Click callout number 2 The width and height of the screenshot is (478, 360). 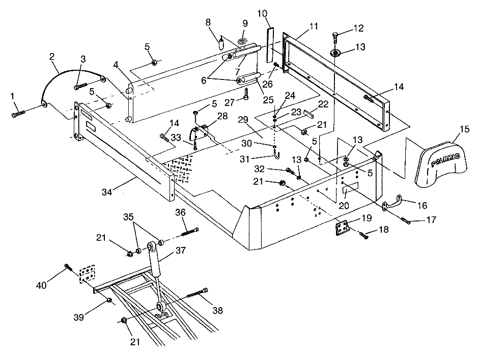52,58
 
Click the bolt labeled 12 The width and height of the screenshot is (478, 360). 335,37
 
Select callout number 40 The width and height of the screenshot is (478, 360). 41,285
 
